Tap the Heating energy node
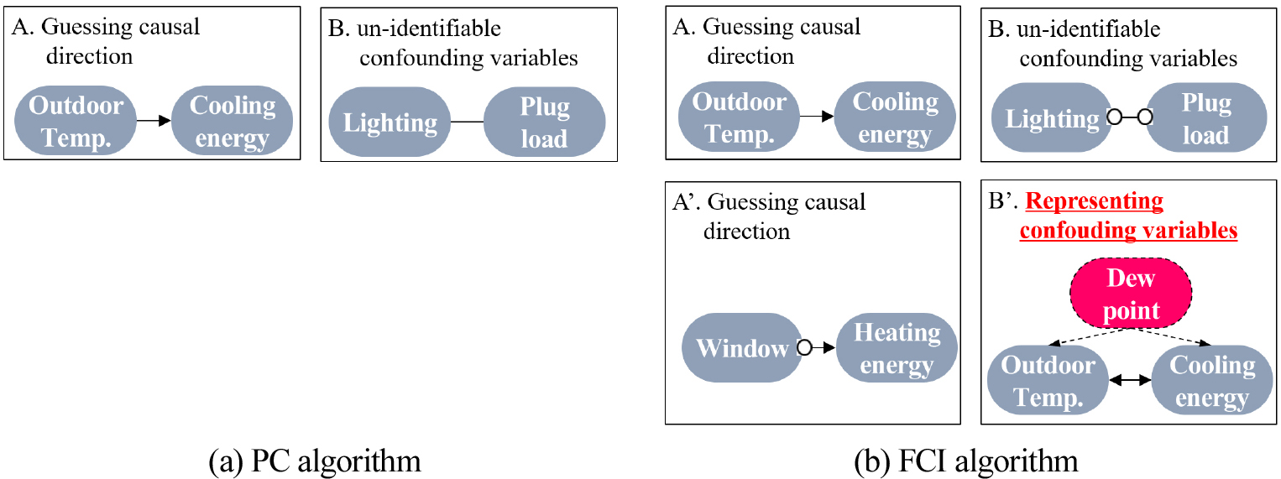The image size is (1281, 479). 897,348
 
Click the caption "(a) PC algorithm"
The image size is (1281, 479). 315,461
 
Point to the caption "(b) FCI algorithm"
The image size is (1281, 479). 965,461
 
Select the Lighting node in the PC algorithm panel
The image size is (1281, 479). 390,122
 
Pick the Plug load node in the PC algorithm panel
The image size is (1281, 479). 544,122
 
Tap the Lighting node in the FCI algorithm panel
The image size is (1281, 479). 1053,118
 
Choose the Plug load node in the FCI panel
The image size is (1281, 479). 1205,118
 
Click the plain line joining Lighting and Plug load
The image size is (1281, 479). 468,122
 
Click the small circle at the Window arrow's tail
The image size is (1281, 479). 803,348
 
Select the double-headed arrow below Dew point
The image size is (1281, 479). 1130,380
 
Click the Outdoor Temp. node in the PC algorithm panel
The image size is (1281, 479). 76,122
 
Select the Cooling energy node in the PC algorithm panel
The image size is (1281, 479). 232,122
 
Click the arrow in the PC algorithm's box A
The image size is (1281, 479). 153,122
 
